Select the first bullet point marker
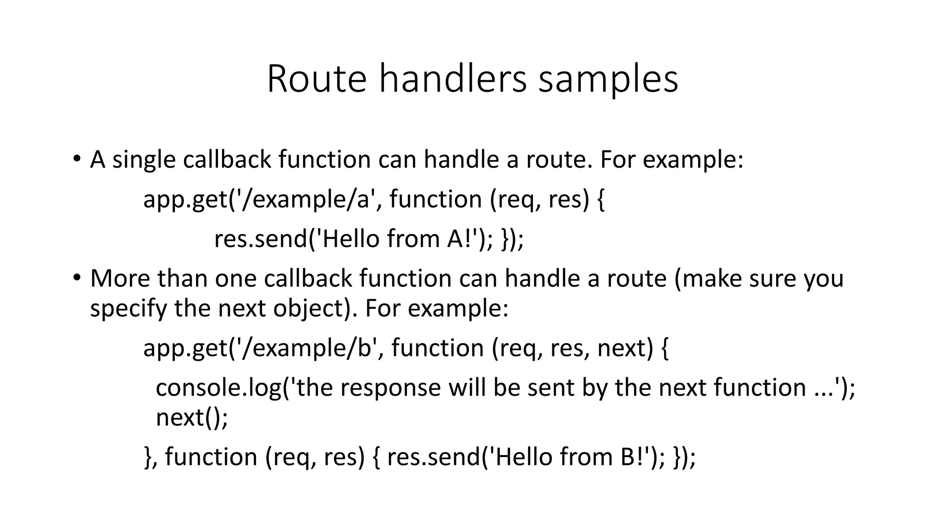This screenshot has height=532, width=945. (x=77, y=159)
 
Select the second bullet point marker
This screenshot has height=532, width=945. (x=77, y=278)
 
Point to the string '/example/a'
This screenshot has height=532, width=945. (x=308, y=199)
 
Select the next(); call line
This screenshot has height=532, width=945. (x=192, y=417)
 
